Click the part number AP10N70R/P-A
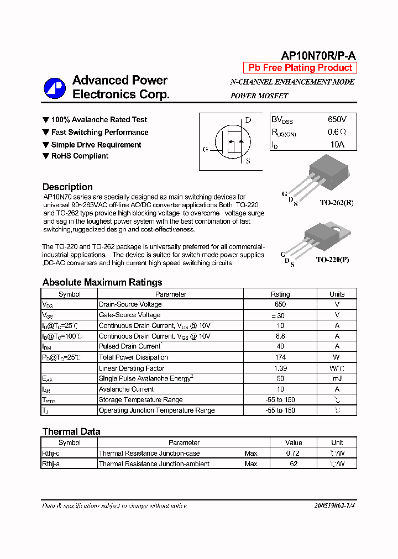click(x=319, y=55)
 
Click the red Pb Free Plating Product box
click(x=300, y=68)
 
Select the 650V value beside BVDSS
click(x=337, y=119)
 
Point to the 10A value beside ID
click(x=337, y=145)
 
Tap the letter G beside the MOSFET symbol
click(x=206, y=150)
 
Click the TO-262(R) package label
click(x=336, y=203)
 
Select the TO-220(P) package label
click(x=332, y=260)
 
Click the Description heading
click(x=67, y=187)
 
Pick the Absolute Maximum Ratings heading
click(x=102, y=282)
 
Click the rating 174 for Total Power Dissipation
click(x=280, y=357)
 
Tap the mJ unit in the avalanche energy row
click(x=337, y=379)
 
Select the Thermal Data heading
click(x=71, y=431)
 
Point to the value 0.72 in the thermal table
click(x=294, y=453)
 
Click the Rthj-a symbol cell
click(x=51, y=464)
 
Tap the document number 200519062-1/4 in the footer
click(x=334, y=505)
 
